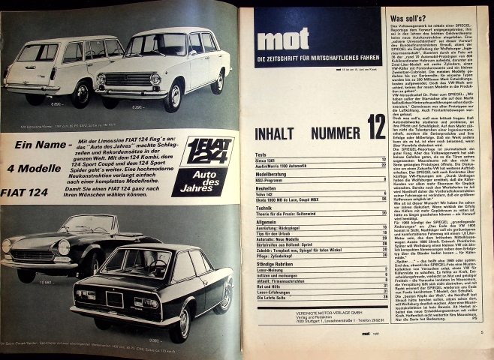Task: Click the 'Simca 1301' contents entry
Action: click(267, 160)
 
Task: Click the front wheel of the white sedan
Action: click(175, 98)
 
